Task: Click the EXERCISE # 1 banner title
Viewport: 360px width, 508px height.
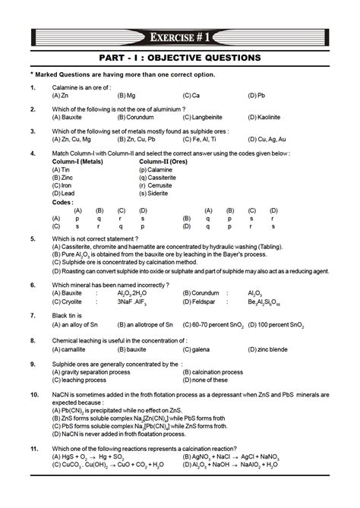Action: tap(180, 36)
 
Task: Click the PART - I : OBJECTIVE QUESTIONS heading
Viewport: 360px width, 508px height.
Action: tap(180, 58)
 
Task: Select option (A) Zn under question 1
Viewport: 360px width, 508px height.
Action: tap(61, 96)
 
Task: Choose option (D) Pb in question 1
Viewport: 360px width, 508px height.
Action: tap(257, 96)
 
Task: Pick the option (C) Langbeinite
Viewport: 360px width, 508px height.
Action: tap(205, 118)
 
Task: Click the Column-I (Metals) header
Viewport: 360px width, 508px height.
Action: tap(78, 161)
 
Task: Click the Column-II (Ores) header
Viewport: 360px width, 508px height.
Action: tap(163, 161)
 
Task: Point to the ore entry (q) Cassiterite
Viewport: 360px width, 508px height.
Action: tap(161, 177)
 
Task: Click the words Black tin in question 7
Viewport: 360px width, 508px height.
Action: tap(66, 314)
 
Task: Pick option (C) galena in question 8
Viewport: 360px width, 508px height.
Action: tap(198, 350)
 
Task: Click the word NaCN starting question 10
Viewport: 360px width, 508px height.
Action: tap(60, 396)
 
